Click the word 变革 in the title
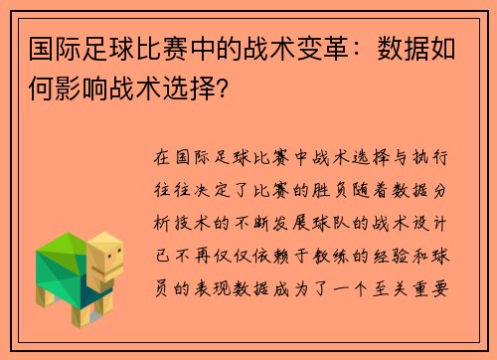click(323, 49)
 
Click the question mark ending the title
click(223, 89)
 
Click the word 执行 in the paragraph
click(430, 157)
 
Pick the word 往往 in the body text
click(172, 190)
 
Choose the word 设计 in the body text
click(430, 223)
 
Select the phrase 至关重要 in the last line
click(411, 289)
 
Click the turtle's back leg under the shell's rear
click(45, 296)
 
